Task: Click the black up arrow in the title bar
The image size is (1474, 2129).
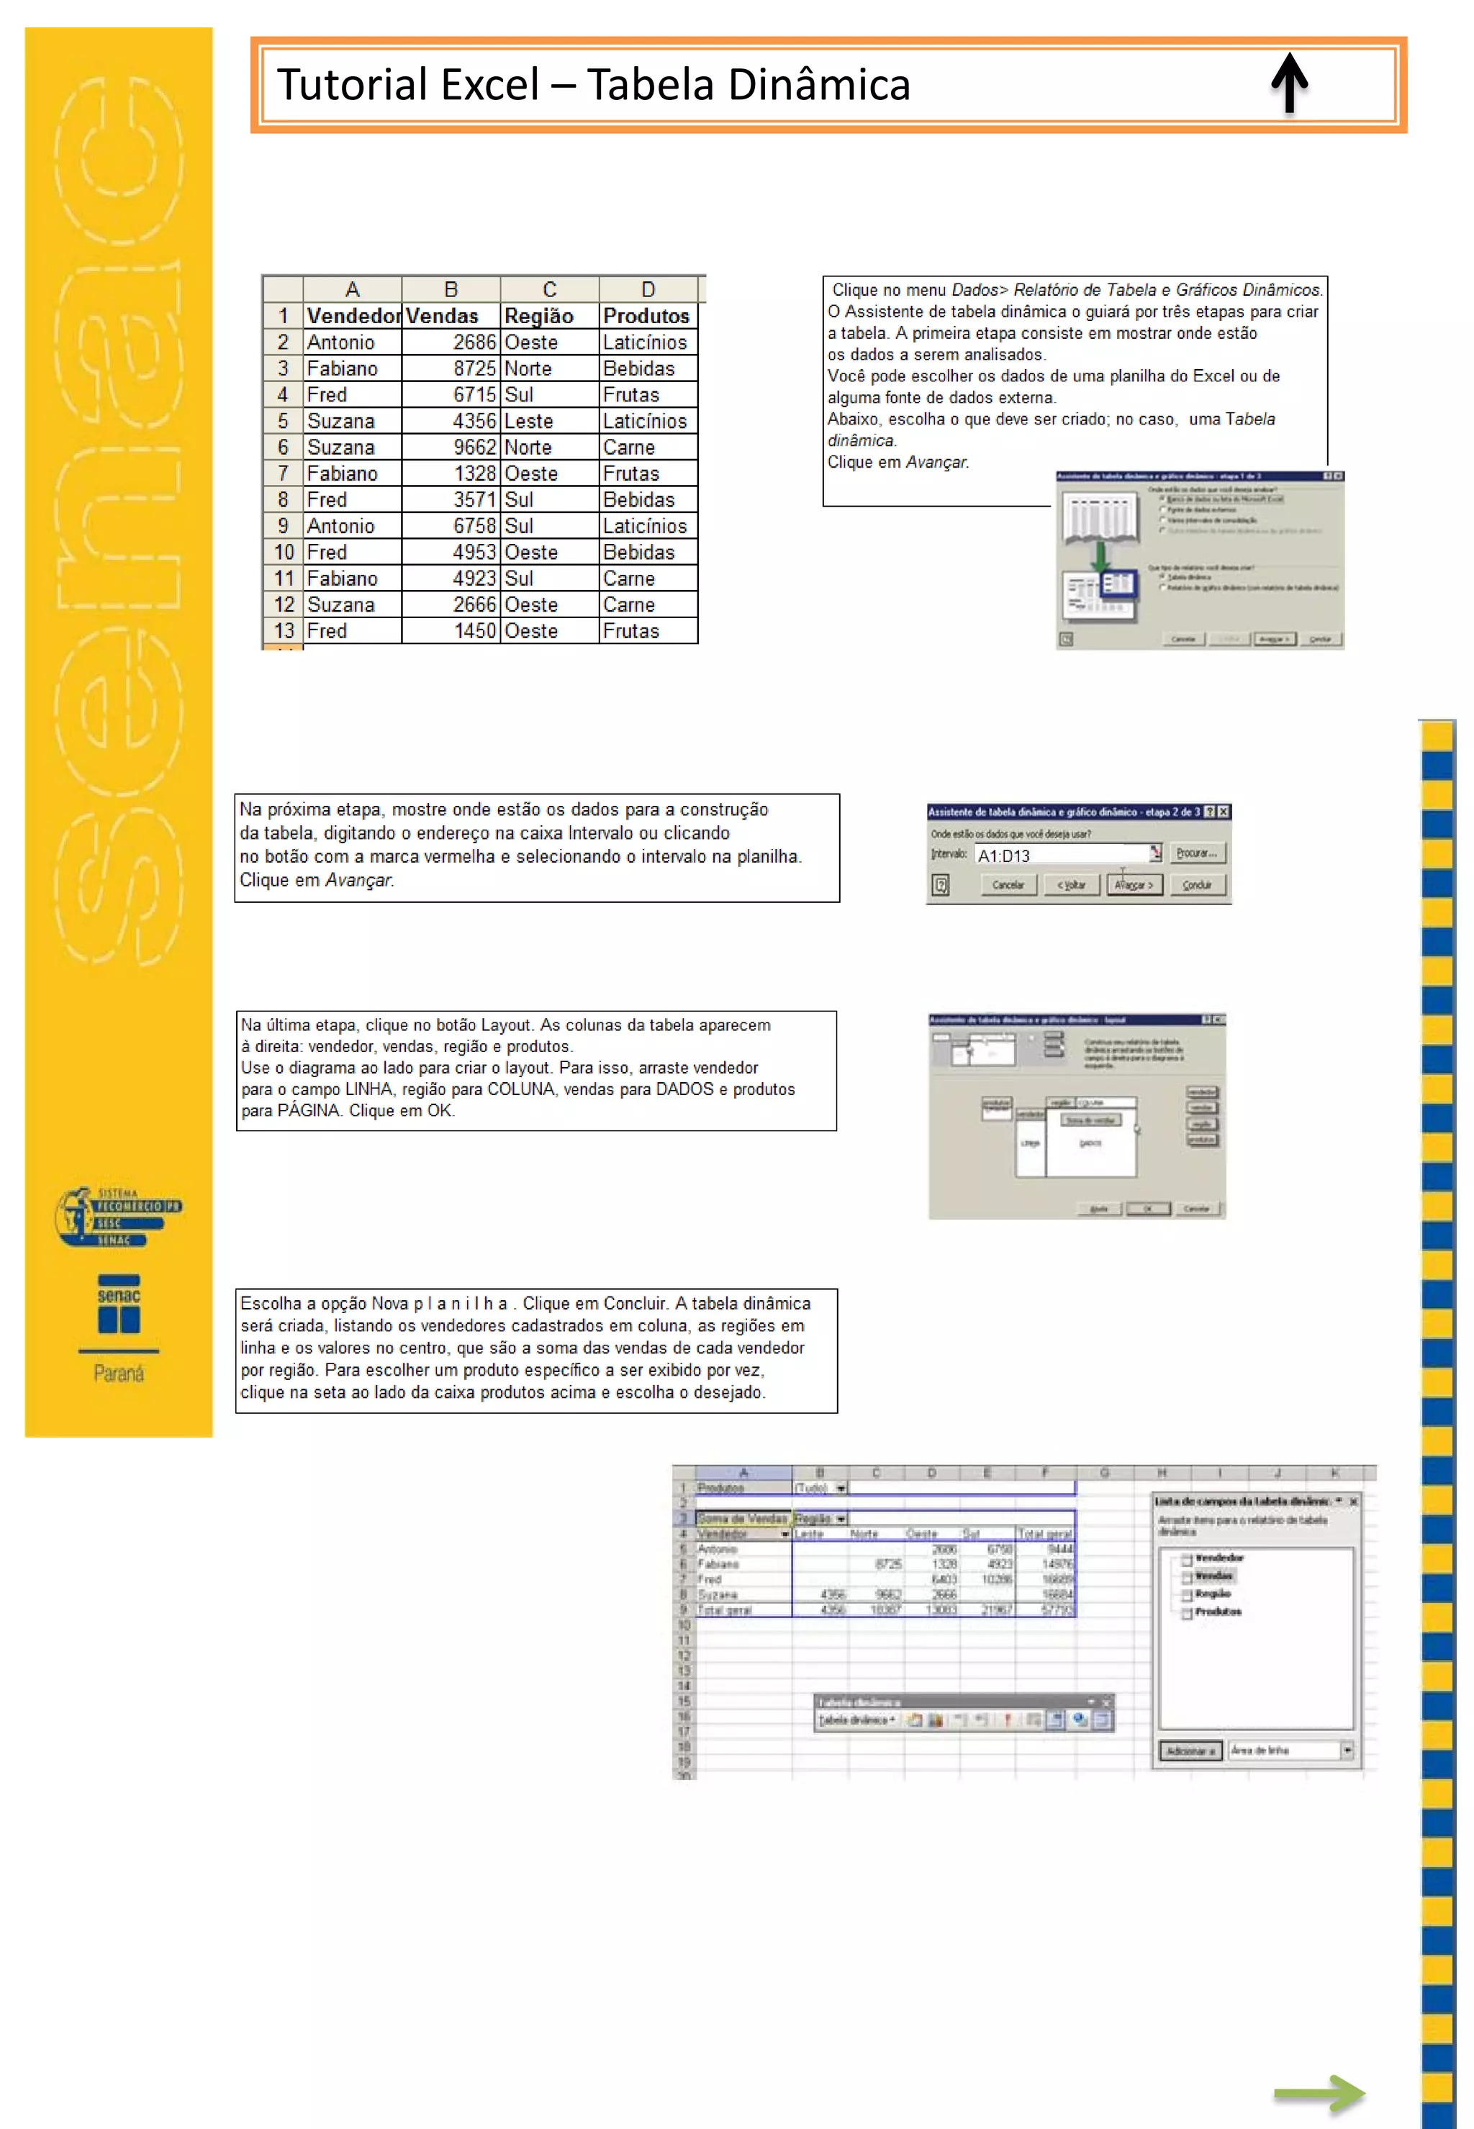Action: (1289, 83)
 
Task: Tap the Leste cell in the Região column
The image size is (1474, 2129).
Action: (548, 422)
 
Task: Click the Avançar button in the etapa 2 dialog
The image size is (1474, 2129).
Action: (1133, 884)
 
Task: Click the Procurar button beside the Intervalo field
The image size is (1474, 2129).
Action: (1197, 853)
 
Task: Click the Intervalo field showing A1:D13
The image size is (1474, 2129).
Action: (1062, 855)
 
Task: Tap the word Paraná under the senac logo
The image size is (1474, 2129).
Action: (118, 1374)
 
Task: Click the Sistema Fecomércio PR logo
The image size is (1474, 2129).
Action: (117, 1217)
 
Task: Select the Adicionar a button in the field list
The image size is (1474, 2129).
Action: (1190, 1751)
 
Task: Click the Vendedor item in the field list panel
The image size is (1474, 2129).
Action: (1218, 1558)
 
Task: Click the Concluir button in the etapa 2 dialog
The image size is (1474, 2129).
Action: (1198, 884)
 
